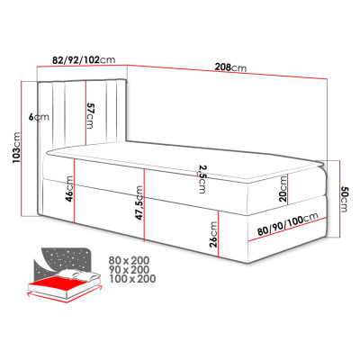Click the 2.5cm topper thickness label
tap(202, 180)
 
